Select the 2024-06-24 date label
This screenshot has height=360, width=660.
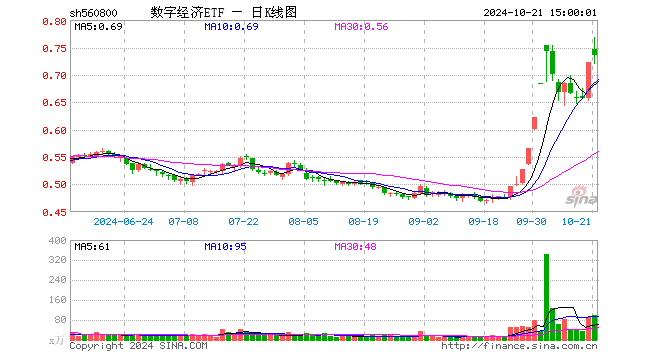tap(123, 222)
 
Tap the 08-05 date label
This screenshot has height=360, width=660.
tap(303, 222)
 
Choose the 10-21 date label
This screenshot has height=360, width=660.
tap(578, 222)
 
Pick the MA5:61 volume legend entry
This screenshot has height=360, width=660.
tap(92, 245)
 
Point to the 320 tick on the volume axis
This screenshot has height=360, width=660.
tap(58, 259)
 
